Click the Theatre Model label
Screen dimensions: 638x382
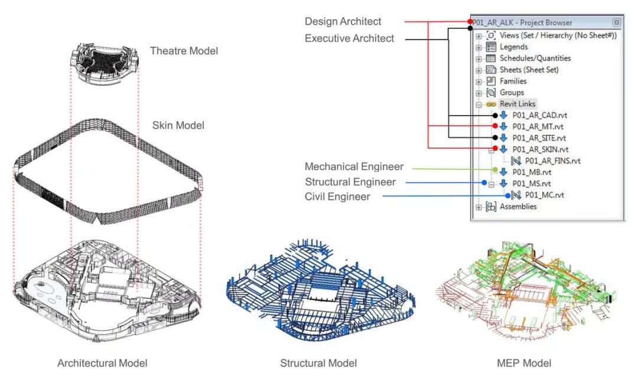coord(184,51)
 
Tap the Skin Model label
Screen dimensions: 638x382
coord(178,125)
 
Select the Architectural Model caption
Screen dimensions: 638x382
coord(102,363)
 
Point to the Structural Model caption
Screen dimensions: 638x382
coord(318,363)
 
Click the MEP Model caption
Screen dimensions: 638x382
coord(524,363)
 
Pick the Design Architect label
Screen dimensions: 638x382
coord(343,22)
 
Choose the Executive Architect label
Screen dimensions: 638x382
coord(350,38)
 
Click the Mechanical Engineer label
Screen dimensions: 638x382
coord(354,167)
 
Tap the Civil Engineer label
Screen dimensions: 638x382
coord(337,197)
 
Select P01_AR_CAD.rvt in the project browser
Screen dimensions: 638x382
coord(539,115)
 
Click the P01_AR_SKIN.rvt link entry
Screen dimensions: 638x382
coord(541,149)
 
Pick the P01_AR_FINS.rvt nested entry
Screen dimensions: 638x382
coord(552,161)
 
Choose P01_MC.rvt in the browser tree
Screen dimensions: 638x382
coord(545,195)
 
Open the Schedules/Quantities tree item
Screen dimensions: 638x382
coord(535,58)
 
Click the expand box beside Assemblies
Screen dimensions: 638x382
coord(479,207)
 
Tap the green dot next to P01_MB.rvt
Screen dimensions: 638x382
coord(495,169)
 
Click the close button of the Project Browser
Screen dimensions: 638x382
coord(616,22)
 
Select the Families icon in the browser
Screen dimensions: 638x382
coord(491,81)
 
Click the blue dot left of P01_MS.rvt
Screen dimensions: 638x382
coord(484,182)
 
